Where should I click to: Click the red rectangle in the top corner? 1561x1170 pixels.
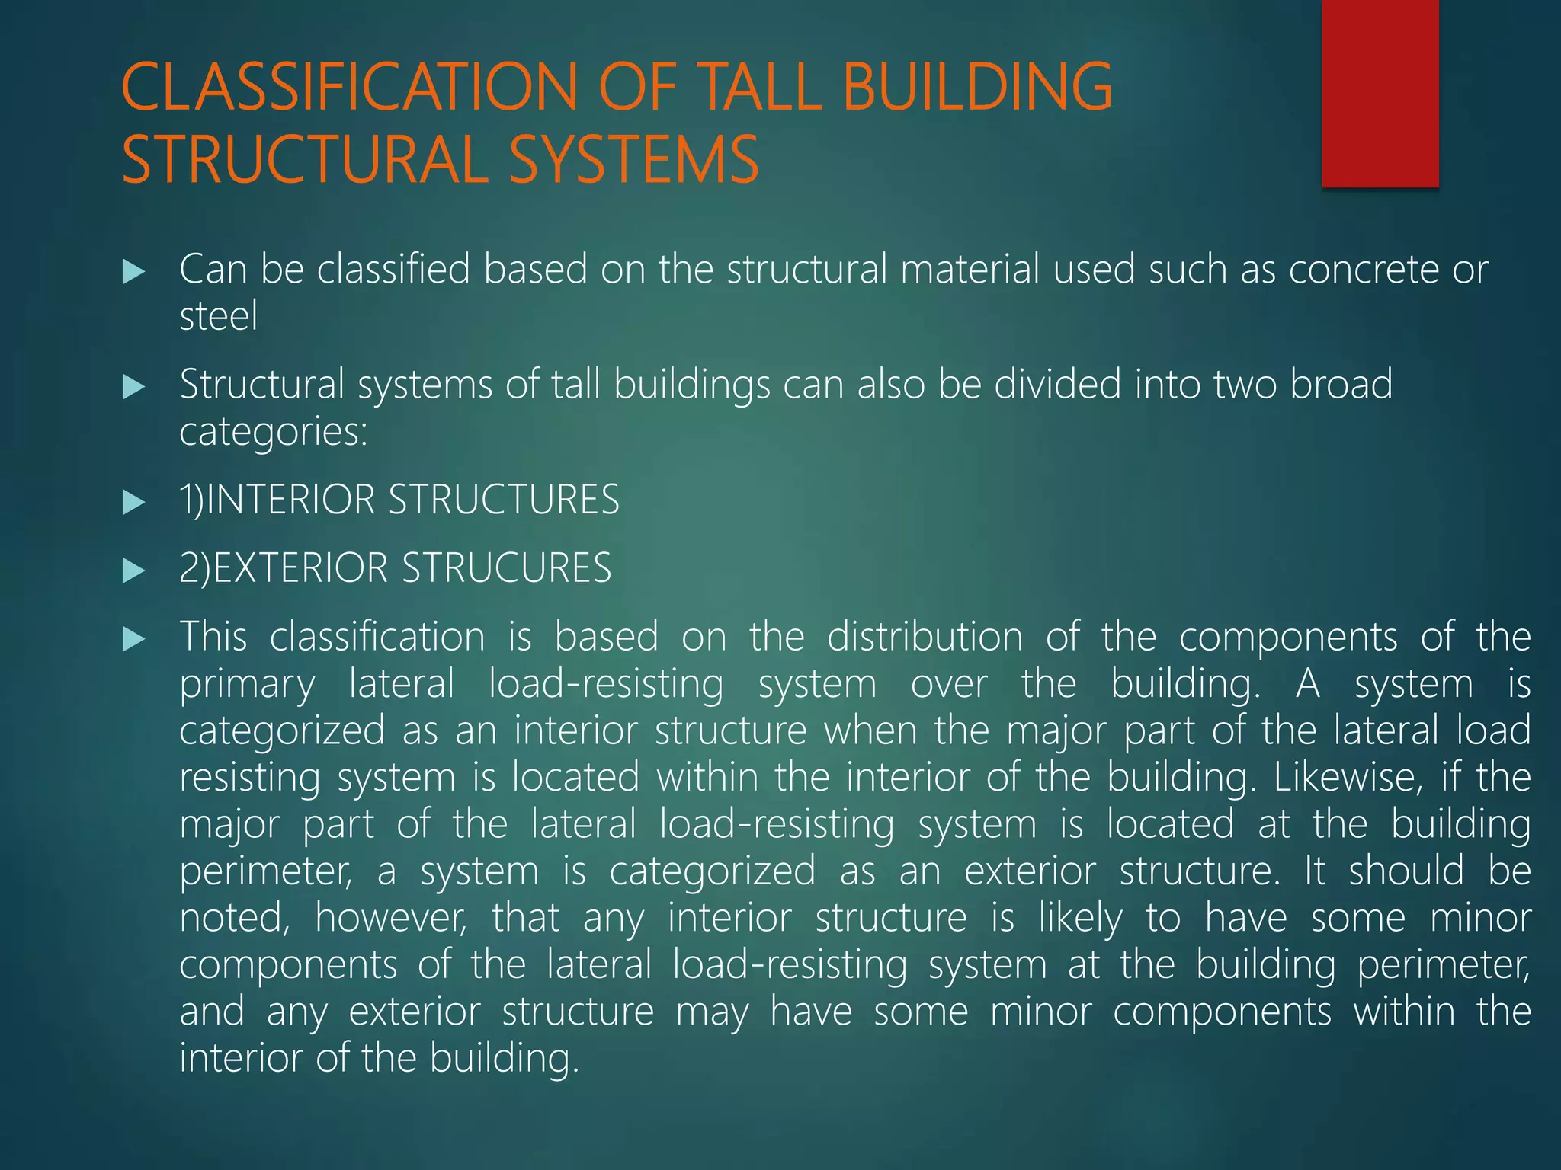pyautogui.click(x=1380, y=93)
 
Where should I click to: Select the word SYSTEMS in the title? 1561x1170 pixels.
pyautogui.click(x=633, y=159)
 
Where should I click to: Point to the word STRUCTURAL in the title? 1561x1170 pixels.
pyautogui.click(x=304, y=159)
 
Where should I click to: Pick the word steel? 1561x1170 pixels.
pyautogui.click(x=218, y=316)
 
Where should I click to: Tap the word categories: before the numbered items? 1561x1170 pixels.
pyautogui.click(x=274, y=432)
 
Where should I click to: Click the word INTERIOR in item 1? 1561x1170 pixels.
pyautogui.click(x=290, y=500)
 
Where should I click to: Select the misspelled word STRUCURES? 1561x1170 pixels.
pyautogui.click(x=506, y=568)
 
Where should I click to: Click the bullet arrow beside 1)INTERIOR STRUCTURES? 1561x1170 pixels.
pyautogui.click(x=133, y=502)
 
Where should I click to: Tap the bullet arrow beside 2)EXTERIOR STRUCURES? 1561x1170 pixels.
pyautogui.click(x=133, y=571)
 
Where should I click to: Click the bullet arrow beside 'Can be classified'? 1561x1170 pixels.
pyautogui.click(x=133, y=272)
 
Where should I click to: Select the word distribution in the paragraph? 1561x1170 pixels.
pyautogui.click(x=925, y=637)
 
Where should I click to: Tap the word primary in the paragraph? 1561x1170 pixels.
pyautogui.click(x=247, y=684)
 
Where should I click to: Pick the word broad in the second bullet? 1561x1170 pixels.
pyautogui.click(x=1341, y=384)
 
